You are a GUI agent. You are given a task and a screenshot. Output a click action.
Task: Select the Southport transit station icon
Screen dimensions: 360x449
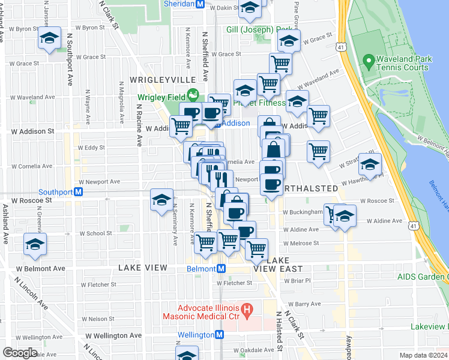coord(79,193)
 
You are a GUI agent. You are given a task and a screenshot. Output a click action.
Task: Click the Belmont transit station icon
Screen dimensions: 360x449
coord(221,269)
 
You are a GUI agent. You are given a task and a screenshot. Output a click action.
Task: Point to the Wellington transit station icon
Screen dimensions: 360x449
coord(220,335)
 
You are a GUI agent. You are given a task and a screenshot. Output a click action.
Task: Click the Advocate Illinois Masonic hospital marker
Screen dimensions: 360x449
coord(250,308)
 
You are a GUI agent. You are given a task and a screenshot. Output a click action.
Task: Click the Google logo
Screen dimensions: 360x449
coord(20,353)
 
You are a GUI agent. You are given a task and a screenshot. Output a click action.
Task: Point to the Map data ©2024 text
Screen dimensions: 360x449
coord(423,355)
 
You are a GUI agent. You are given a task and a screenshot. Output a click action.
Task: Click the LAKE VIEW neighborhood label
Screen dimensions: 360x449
coord(142,267)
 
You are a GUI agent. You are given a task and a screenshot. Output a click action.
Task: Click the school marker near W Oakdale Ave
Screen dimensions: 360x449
coord(187,355)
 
